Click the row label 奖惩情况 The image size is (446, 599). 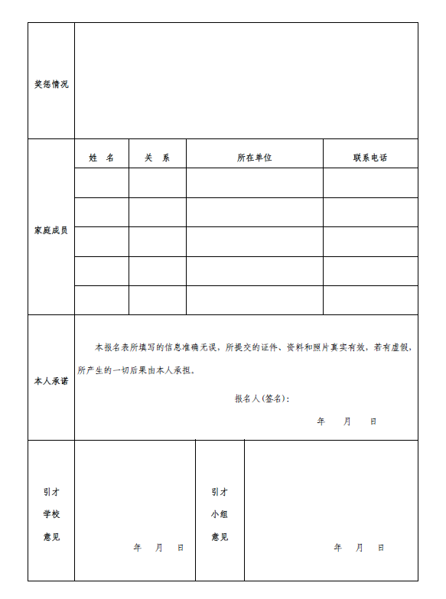pos(51,84)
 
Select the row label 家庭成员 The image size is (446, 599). pos(51,230)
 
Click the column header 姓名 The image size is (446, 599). pos(102,158)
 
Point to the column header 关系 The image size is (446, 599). pos(158,158)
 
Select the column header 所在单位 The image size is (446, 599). pos(255,158)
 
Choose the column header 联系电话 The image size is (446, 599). pos(370,158)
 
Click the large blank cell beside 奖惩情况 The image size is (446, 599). pos(246,80)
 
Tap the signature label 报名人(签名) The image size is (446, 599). pos(262,399)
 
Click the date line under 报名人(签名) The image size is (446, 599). pos(347,422)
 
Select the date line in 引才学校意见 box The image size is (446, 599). pos(158,548)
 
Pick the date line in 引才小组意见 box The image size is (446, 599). pos(359,548)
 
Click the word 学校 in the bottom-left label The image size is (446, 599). pos(51,514)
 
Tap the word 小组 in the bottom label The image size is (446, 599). pos(220,514)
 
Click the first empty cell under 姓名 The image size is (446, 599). pos(102,183)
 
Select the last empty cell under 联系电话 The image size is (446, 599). pos(370,300)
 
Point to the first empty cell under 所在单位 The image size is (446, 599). pos(255,183)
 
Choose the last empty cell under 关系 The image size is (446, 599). pos(158,300)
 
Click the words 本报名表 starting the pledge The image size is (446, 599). pos(108,347)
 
